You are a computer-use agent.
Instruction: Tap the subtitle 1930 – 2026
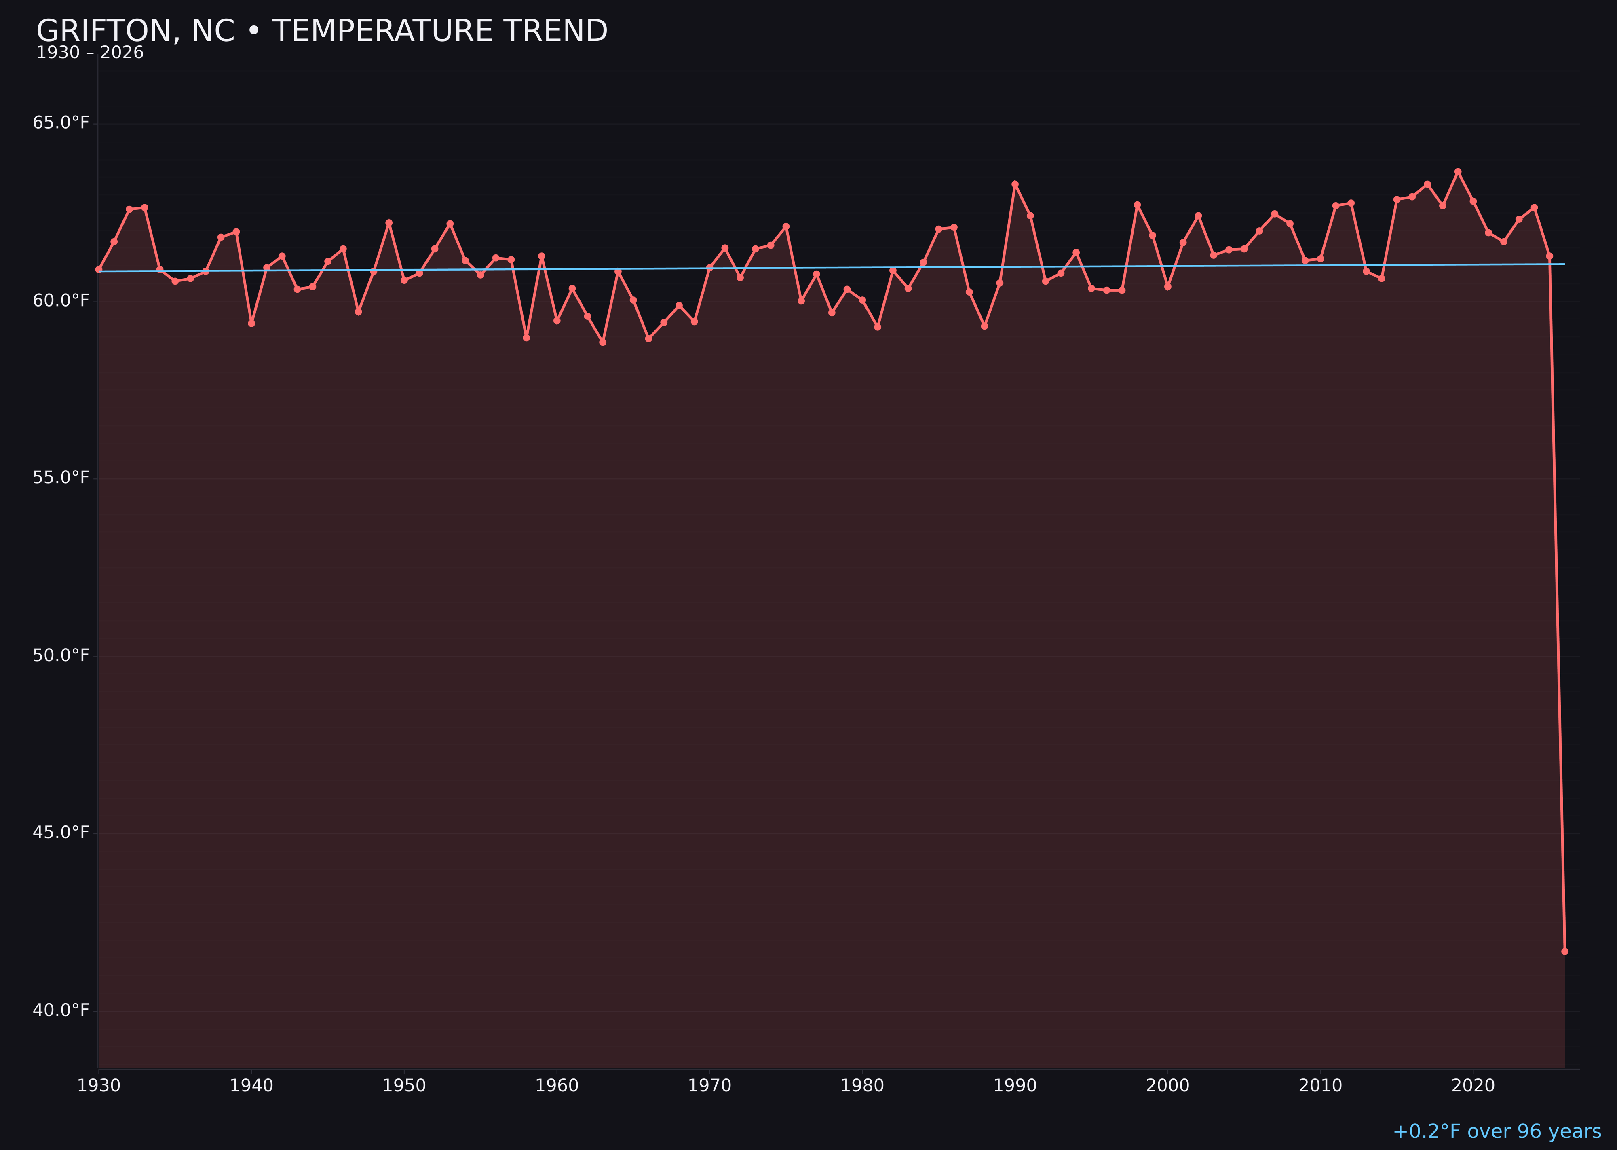[x=90, y=53]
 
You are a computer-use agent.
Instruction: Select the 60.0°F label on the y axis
[x=61, y=301]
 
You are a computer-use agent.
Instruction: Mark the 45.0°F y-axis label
[x=61, y=833]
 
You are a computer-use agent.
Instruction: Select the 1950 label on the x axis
[x=404, y=1086]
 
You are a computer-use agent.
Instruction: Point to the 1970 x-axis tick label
[x=709, y=1086]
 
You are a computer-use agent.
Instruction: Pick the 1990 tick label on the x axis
[x=1015, y=1086]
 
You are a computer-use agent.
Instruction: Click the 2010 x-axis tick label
[x=1320, y=1086]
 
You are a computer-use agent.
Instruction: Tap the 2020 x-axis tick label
[x=1473, y=1086]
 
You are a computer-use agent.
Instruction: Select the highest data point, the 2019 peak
[x=1458, y=171]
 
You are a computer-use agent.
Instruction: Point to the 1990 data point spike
[x=1015, y=184]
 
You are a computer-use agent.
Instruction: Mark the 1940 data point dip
[x=251, y=323]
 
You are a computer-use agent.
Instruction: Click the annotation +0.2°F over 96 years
[x=1497, y=1131]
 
